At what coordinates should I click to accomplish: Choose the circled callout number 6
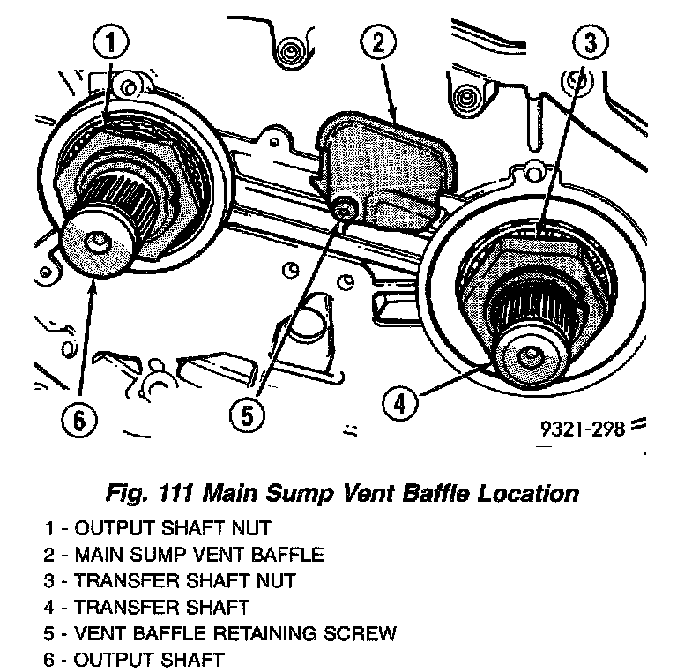click(x=80, y=418)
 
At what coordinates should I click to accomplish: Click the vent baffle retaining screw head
click(x=345, y=208)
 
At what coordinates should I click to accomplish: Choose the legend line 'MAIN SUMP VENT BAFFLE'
click(x=184, y=555)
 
